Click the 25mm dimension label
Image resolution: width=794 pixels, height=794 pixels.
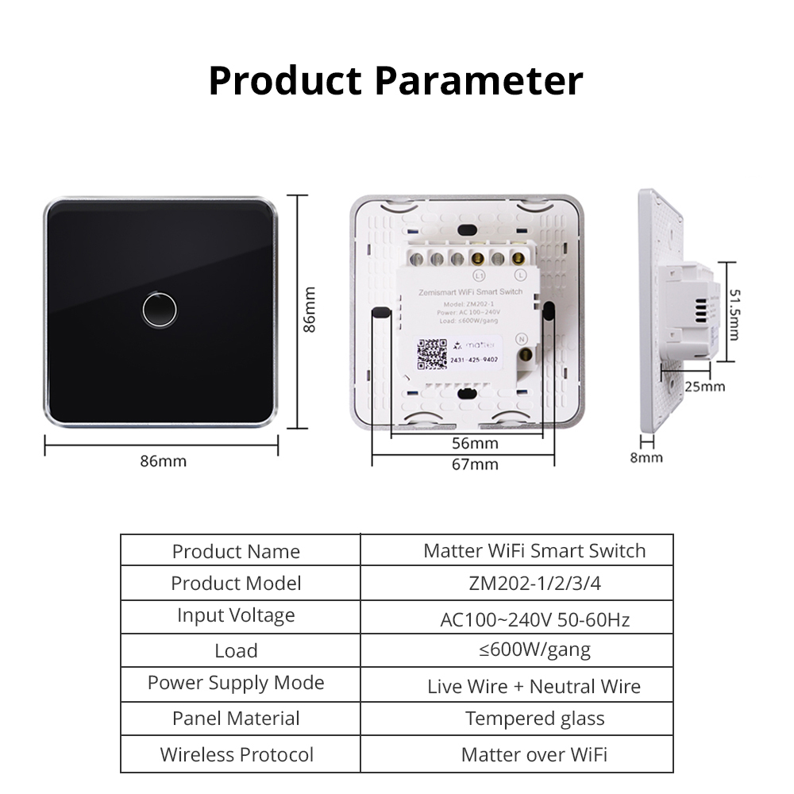tap(705, 386)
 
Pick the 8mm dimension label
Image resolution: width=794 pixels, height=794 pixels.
tap(646, 457)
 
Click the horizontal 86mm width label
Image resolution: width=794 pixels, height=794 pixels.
tap(163, 461)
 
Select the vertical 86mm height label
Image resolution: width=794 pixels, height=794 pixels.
tap(310, 310)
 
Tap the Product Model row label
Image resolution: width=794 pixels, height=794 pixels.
tap(236, 584)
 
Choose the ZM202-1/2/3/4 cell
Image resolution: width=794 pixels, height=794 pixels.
tap(534, 584)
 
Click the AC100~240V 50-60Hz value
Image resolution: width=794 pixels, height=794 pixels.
tap(534, 619)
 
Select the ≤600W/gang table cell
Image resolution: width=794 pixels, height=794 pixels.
tap(534, 650)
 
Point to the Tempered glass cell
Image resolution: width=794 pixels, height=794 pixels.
tap(534, 719)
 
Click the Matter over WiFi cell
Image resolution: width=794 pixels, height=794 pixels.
tap(534, 754)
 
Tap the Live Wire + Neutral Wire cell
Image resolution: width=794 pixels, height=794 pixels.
tap(534, 686)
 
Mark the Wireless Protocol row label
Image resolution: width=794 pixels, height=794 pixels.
tap(237, 754)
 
